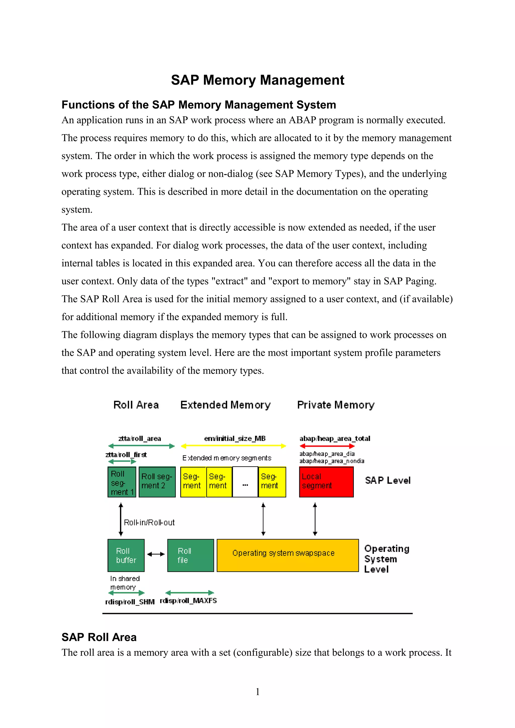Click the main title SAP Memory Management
[x=257, y=80]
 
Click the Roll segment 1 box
[x=122, y=482]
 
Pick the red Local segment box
[x=326, y=482]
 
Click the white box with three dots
[x=245, y=482]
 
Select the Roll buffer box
[x=126, y=555]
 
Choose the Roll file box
[x=190, y=555]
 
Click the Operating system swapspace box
[x=287, y=555]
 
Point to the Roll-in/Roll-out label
[x=149, y=523]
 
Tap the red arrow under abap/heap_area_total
[x=327, y=446]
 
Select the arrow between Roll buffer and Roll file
[x=156, y=554]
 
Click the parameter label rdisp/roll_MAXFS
[x=189, y=601]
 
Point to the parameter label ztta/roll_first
[x=126, y=455]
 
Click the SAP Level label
[x=388, y=480]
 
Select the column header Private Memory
[x=336, y=405]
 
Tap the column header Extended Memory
[x=225, y=405]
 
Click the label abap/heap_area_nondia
[x=332, y=461]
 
